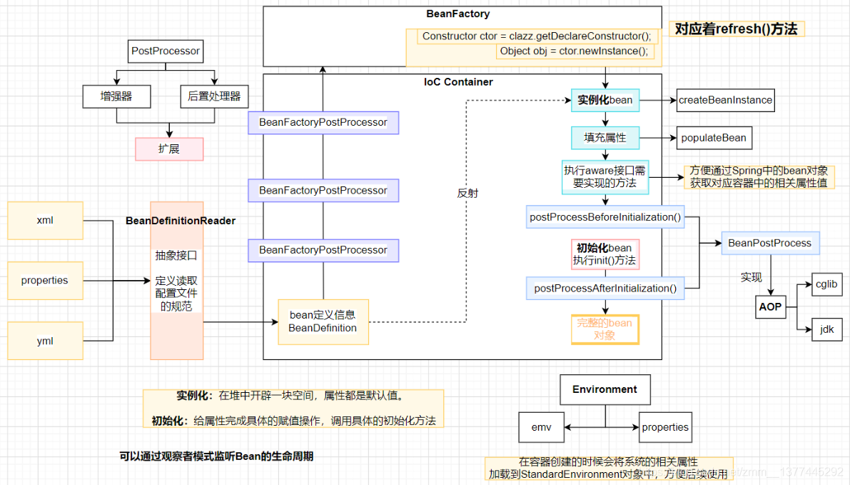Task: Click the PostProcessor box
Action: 166,51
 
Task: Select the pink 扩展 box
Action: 169,149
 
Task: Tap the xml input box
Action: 45,220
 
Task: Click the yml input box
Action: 45,341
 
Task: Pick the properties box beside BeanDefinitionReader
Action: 45,280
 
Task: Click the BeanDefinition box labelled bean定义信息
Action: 323,321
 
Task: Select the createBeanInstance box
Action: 725,100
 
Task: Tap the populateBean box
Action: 714,138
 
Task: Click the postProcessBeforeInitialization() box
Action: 605,217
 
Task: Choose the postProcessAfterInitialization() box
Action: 605,288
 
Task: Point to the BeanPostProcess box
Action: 769,243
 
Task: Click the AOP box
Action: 770,307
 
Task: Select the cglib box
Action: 826,284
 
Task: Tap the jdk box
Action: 826,329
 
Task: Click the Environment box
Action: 604,390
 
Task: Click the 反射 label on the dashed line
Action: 467,192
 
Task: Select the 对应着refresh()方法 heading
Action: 736,29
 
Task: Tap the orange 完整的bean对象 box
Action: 604,329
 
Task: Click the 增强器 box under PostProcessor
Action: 116,96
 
